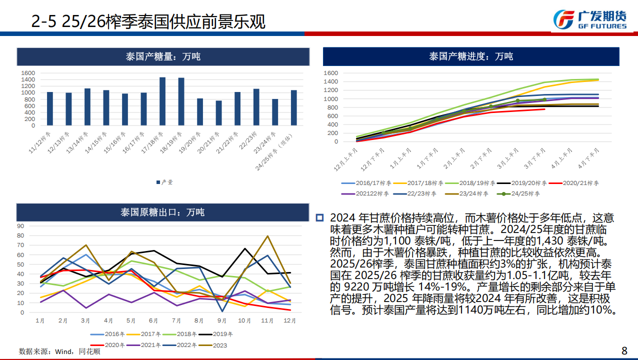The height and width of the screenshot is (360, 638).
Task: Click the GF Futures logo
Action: point(589,19)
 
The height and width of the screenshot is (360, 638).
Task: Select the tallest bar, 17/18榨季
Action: point(162,101)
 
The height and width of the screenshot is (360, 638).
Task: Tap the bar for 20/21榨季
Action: point(218,112)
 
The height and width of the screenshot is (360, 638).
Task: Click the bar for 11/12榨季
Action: point(50,108)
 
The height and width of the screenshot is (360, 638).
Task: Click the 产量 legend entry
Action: point(164,182)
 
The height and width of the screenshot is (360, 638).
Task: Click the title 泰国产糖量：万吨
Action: point(163,57)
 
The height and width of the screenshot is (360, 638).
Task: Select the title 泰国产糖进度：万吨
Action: point(470,56)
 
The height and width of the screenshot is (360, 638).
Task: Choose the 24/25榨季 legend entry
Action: point(518,193)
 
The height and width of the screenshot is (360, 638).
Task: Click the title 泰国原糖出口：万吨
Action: point(162,212)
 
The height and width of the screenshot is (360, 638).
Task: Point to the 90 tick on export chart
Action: point(20,225)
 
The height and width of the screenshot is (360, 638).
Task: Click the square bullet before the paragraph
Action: point(320,217)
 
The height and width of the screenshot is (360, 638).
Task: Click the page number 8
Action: point(623,350)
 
